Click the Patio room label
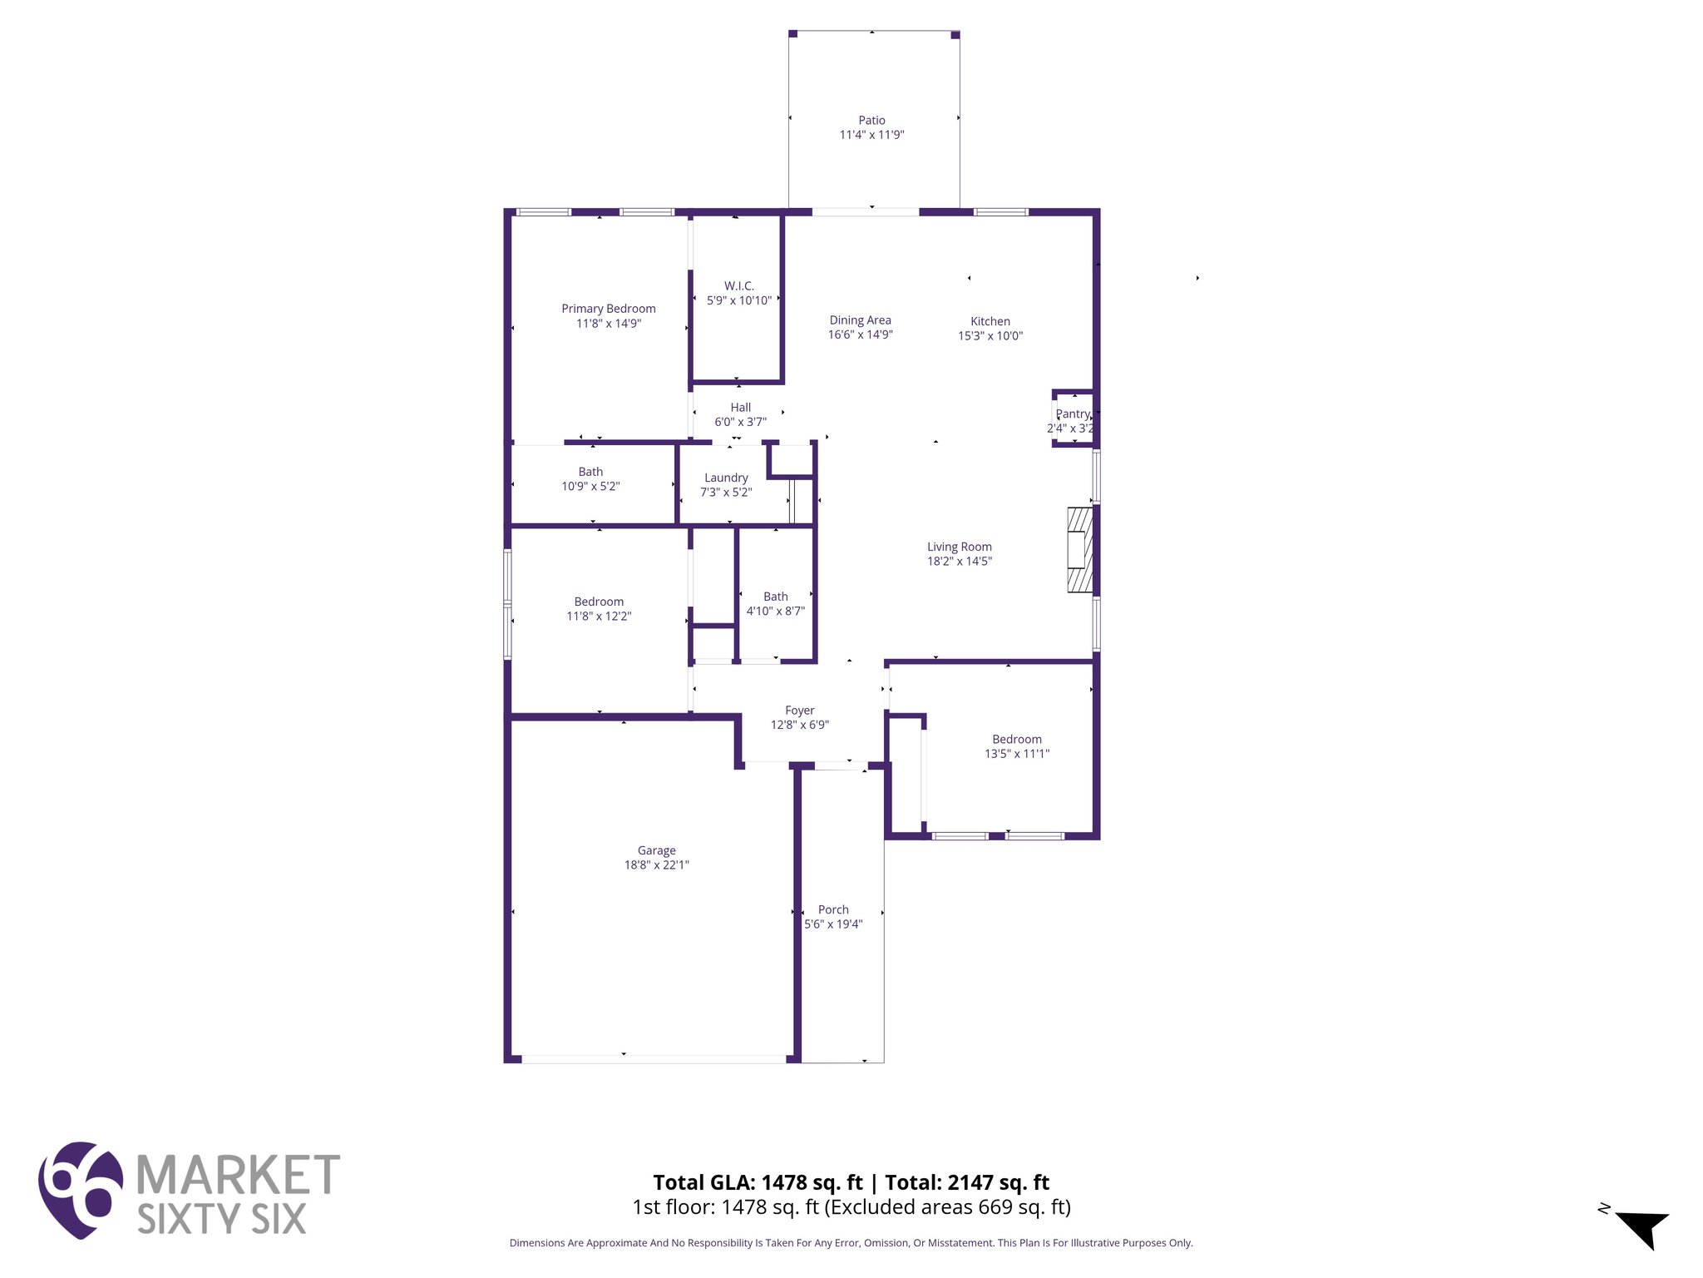click(x=871, y=121)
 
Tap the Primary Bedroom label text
click(x=608, y=309)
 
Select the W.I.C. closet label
click(x=738, y=286)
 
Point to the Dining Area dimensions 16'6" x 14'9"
click(x=860, y=335)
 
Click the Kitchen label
click(x=990, y=321)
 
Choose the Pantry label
click(x=1072, y=414)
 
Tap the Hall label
click(x=740, y=408)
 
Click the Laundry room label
click(x=726, y=478)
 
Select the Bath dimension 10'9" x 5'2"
click(x=590, y=487)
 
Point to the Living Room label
click(x=959, y=547)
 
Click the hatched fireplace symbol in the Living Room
click(x=1079, y=550)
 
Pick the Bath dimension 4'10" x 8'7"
click(x=775, y=612)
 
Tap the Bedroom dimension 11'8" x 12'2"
click(x=599, y=617)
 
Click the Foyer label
click(x=799, y=711)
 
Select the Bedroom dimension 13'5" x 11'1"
click(x=1016, y=754)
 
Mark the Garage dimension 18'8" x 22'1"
click(x=656, y=865)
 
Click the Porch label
click(x=833, y=909)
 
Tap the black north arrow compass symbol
click(x=1641, y=1228)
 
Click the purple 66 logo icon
click(x=81, y=1190)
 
